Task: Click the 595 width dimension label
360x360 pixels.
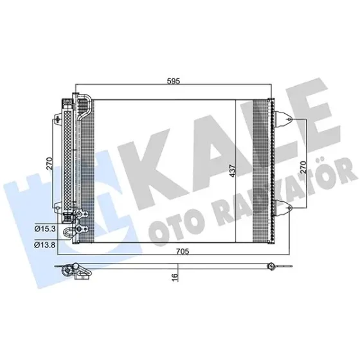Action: coord(174,81)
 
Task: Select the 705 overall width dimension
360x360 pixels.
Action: coord(183,251)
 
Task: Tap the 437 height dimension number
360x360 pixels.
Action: coord(233,170)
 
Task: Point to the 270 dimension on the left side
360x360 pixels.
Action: coord(50,163)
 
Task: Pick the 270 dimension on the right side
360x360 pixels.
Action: coord(303,167)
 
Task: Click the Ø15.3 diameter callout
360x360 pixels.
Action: coord(45,229)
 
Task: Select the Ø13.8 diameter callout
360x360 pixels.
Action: coord(45,245)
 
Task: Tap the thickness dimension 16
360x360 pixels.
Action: coord(175,276)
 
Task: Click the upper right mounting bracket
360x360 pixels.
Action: coord(283,119)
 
